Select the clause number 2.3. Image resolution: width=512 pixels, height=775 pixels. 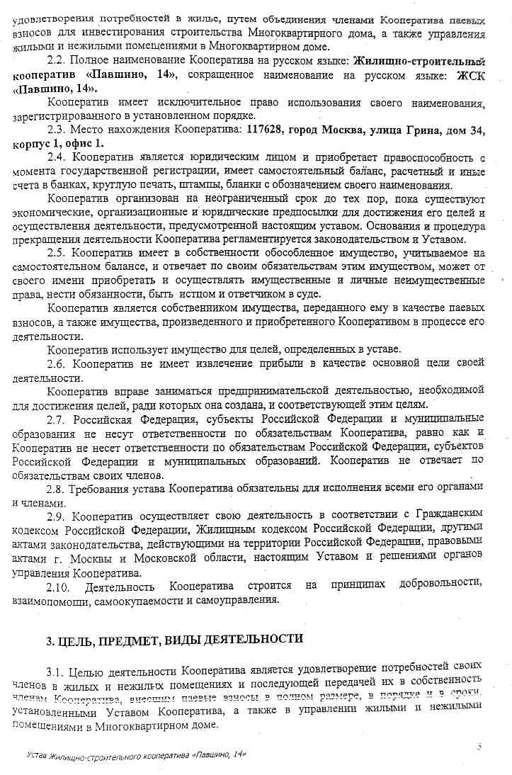pyautogui.click(x=56, y=130)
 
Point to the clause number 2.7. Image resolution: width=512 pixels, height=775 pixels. pyautogui.click(x=56, y=418)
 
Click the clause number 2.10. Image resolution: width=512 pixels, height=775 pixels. pyautogui.click(x=59, y=586)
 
